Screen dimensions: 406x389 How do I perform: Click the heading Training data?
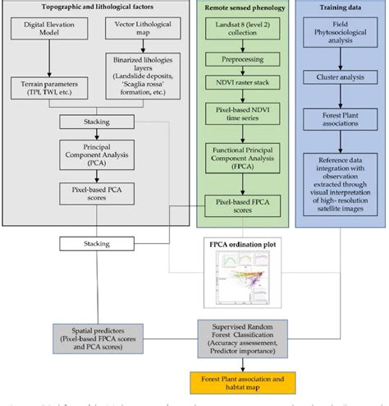[x=338, y=6]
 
